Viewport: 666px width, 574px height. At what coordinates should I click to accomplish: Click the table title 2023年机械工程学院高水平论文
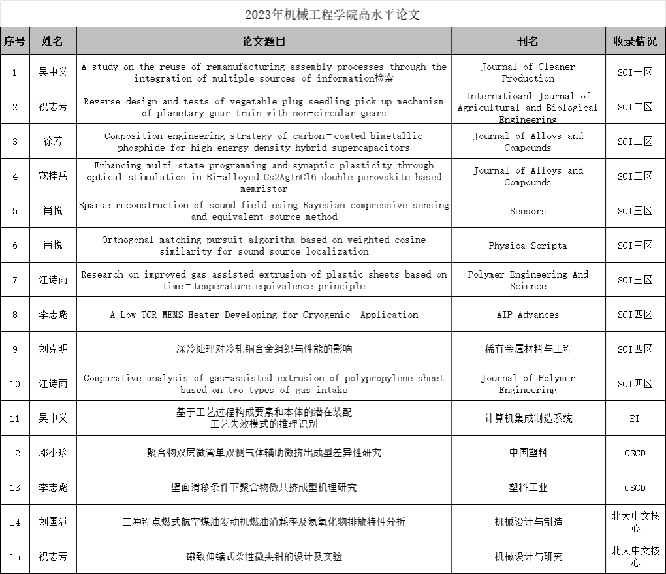pyautogui.click(x=332, y=14)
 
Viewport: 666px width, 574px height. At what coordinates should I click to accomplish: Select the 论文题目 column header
pyautogui.click(x=264, y=41)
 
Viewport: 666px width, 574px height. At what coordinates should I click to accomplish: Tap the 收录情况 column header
pyautogui.click(x=635, y=41)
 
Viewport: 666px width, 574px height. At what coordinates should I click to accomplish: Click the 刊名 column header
pyautogui.click(x=528, y=41)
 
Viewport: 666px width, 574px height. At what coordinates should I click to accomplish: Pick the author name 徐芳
pyautogui.click(x=52, y=142)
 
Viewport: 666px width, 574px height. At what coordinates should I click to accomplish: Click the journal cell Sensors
pyautogui.click(x=528, y=211)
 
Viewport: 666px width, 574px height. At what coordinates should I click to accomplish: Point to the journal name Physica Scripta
pyautogui.click(x=528, y=246)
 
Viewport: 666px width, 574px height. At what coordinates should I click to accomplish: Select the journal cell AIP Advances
pyautogui.click(x=528, y=315)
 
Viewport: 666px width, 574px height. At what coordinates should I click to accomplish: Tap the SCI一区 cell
pyautogui.click(x=635, y=72)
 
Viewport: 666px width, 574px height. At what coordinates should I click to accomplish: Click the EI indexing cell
pyautogui.click(x=635, y=419)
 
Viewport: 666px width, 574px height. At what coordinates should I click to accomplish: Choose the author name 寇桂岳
pyautogui.click(x=52, y=176)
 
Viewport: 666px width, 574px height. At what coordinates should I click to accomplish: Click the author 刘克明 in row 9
pyautogui.click(x=52, y=349)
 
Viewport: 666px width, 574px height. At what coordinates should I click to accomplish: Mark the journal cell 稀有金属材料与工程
pyautogui.click(x=528, y=349)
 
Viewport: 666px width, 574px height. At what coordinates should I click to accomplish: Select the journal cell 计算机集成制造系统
pyautogui.click(x=528, y=419)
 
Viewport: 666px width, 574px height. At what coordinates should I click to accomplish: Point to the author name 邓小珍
pyautogui.click(x=52, y=453)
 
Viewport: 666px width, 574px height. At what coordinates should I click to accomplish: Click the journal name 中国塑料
pyautogui.click(x=528, y=453)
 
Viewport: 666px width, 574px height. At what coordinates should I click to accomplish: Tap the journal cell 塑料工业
pyautogui.click(x=528, y=488)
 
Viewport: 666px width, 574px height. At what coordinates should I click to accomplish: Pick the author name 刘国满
pyautogui.click(x=52, y=522)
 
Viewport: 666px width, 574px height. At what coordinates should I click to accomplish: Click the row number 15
pyautogui.click(x=15, y=557)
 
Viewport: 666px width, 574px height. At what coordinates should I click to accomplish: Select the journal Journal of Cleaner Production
pyautogui.click(x=528, y=72)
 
